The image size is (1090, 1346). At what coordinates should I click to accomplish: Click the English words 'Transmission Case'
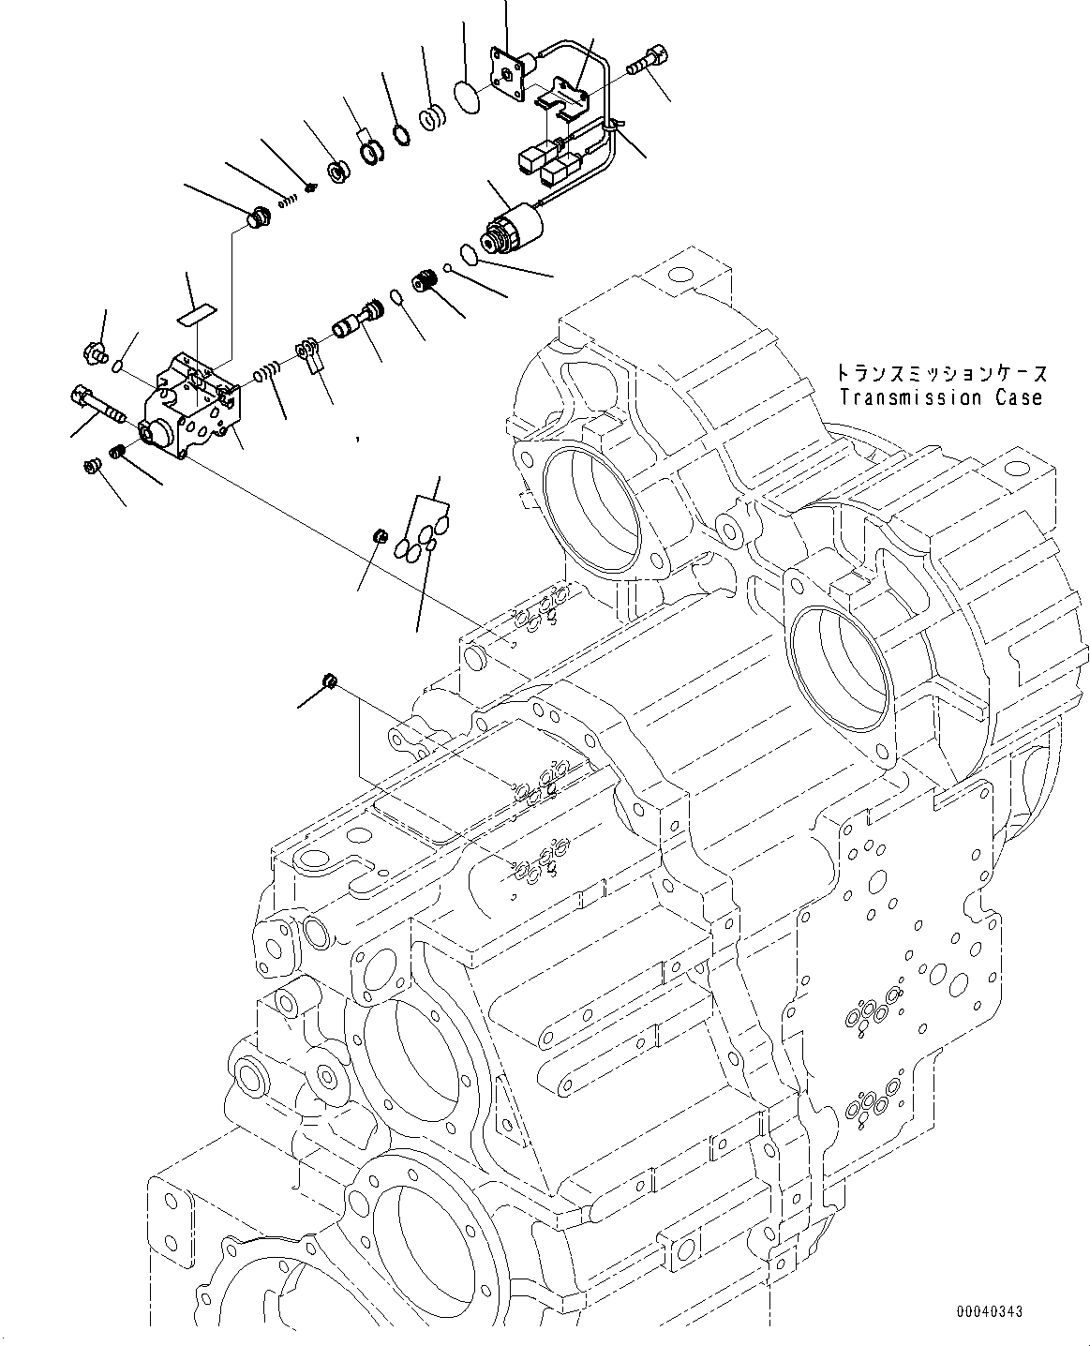940,397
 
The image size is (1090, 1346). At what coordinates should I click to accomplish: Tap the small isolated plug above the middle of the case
329,680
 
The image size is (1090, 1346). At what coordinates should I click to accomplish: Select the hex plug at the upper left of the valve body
93,354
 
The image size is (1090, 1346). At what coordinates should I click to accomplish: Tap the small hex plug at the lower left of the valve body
93,465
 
